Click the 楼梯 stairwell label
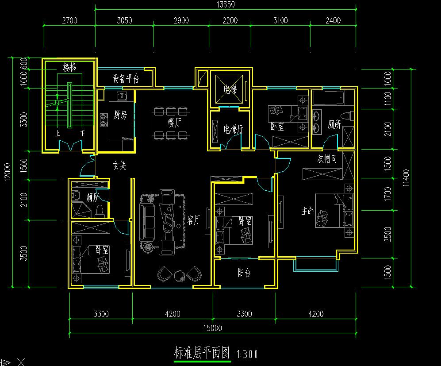click(69, 68)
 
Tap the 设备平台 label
click(126, 79)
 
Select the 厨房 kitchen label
click(120, 115)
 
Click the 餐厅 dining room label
click(174, 123)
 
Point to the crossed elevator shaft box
click(229, 89)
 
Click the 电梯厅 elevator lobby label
click(234, 129)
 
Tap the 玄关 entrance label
click(120, 166)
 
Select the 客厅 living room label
click(194, 220)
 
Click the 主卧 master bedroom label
click(308, 210)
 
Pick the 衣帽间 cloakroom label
click(327, 159)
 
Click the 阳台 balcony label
click(244, 273)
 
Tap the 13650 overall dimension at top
click(226, 4)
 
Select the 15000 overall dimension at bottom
click(213, 328)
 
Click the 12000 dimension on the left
click(8, 172)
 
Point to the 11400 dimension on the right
click(406, 177)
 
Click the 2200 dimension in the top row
click(230, 20)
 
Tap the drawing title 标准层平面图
click(202, 352)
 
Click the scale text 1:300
click(247, 354)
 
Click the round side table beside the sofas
click(148, 247)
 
